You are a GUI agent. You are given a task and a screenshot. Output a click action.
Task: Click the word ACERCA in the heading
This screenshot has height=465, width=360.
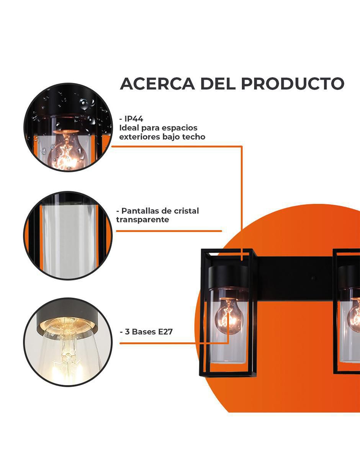coord(157,84)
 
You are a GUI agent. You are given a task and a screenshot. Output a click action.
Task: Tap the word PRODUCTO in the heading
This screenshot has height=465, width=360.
coord(293,84)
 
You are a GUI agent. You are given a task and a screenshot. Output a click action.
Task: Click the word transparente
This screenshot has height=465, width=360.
coord(142,220)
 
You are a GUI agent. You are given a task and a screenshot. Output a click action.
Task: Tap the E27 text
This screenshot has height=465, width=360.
coord(165,332)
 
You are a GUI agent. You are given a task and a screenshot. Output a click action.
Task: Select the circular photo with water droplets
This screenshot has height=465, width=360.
coord(68,127)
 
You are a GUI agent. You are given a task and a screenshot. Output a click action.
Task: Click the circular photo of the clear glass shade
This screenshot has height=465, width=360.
coord(68,235)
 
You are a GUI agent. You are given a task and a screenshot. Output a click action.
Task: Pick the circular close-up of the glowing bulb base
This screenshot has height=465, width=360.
coord(68,342)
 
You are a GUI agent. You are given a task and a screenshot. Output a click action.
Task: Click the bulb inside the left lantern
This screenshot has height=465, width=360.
coord(229,314)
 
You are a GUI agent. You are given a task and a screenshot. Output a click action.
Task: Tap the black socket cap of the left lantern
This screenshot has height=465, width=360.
coord(228,276)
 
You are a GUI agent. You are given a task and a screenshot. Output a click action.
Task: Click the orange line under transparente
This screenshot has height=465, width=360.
coord(169,231)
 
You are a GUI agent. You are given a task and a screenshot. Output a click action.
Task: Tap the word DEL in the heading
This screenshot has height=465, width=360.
coord(218,84)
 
